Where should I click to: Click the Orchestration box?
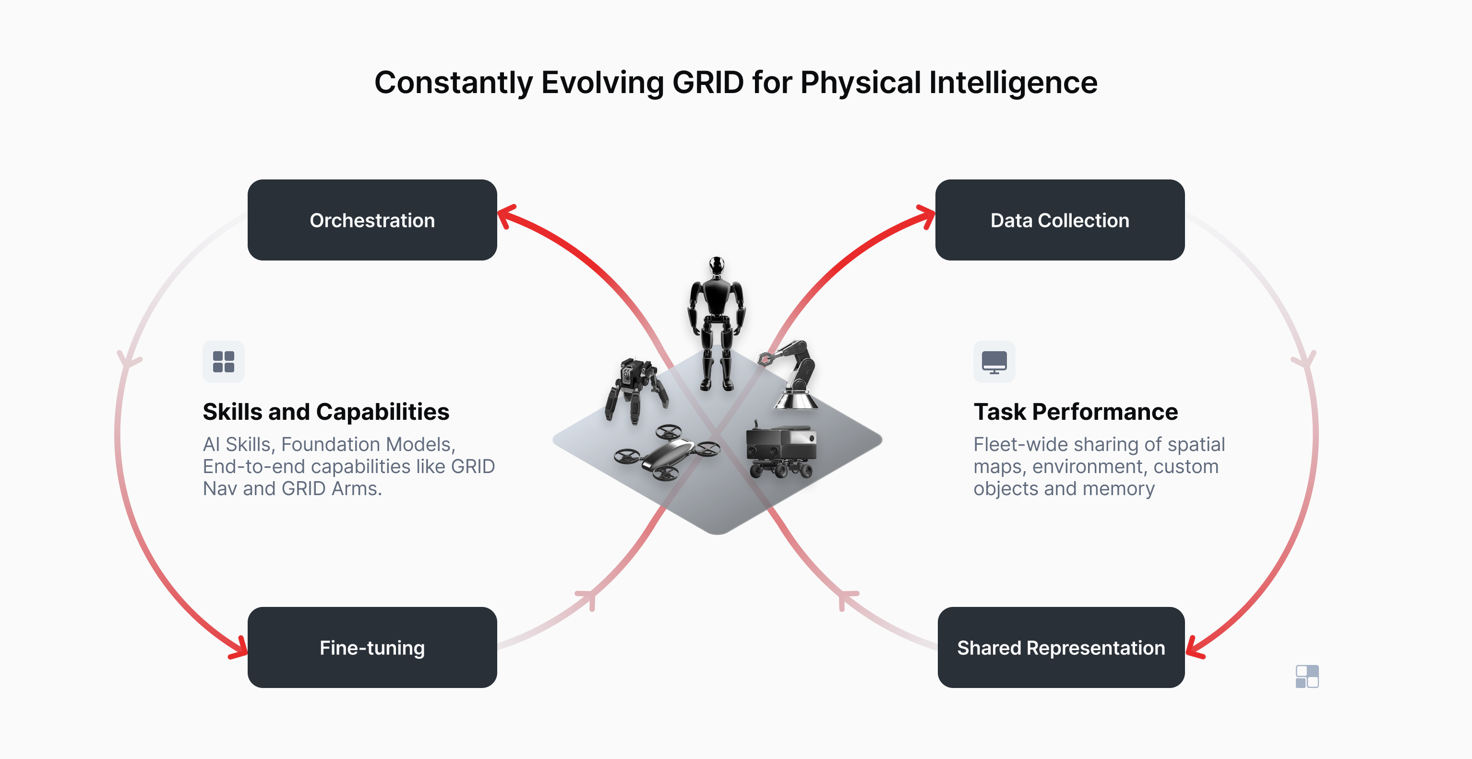372,220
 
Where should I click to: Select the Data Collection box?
1059,220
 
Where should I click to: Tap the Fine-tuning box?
372,647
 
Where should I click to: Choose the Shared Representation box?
1061,647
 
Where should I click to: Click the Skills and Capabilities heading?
326,411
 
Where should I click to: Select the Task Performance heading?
1076,411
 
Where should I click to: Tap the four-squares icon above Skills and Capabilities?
224,362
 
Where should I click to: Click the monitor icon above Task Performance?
994,362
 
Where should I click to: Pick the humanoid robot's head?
717,266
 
